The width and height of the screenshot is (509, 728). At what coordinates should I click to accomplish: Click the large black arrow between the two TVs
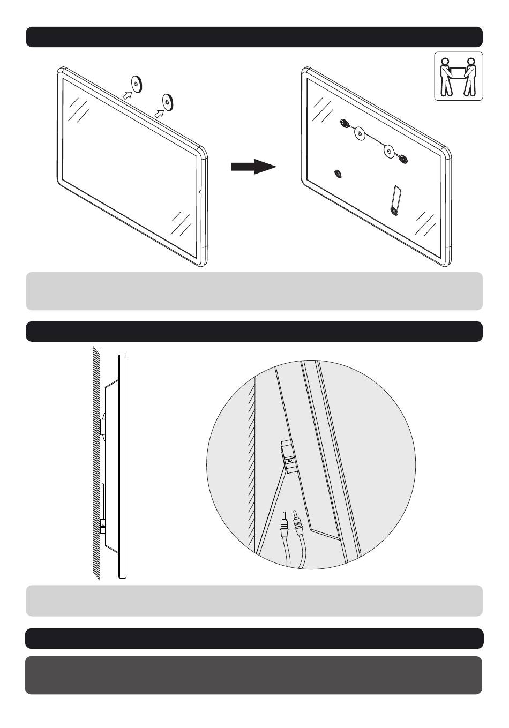click(x=253, y=167)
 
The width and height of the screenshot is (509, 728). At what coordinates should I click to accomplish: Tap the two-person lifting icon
click(x=458, y=76)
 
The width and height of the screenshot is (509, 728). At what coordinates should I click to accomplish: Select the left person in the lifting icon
click(x=445, y=78)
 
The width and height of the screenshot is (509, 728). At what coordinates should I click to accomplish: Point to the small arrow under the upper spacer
click(x=126, y=95)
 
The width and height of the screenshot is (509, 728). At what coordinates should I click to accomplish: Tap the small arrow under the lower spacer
click(x=159, y=112)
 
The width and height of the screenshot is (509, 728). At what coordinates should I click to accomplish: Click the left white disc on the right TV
click(x=360, y=133)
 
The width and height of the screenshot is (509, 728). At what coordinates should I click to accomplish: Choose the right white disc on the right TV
click(x=390, y=152)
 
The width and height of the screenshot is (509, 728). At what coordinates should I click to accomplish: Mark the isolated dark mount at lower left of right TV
click(x=338, y=173)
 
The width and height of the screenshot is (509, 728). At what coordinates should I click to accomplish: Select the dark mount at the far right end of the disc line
click(x=402, y=159)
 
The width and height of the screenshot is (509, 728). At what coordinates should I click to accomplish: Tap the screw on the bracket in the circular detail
click(x=289, y=460)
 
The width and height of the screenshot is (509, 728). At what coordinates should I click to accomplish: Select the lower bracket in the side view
click(x=103, y=526)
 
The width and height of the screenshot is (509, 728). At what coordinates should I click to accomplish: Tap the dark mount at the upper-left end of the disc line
click(x=345, y=124)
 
